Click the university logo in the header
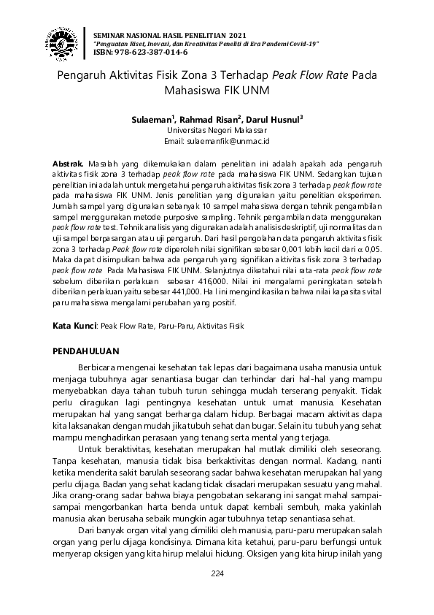tap(63, 44)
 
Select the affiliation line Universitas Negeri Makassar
tap(217, 129)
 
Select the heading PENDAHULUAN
tap(88, 352)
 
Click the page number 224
tap(217, 573)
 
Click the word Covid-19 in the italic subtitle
tap(303, 44)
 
